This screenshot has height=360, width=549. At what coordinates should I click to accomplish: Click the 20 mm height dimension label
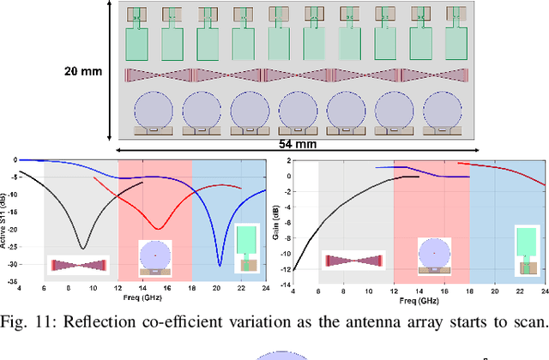(x=82, y=71)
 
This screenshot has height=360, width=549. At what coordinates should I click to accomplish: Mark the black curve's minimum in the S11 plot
(x=82, y=248)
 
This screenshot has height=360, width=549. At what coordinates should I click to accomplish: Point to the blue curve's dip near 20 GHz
(x=219, y=264)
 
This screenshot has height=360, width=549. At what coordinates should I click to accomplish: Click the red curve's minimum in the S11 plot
(x=158, y=228)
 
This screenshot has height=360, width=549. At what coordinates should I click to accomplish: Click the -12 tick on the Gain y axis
(x=287, y=271)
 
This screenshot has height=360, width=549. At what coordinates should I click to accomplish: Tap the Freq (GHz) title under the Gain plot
(x=419, y=301)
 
